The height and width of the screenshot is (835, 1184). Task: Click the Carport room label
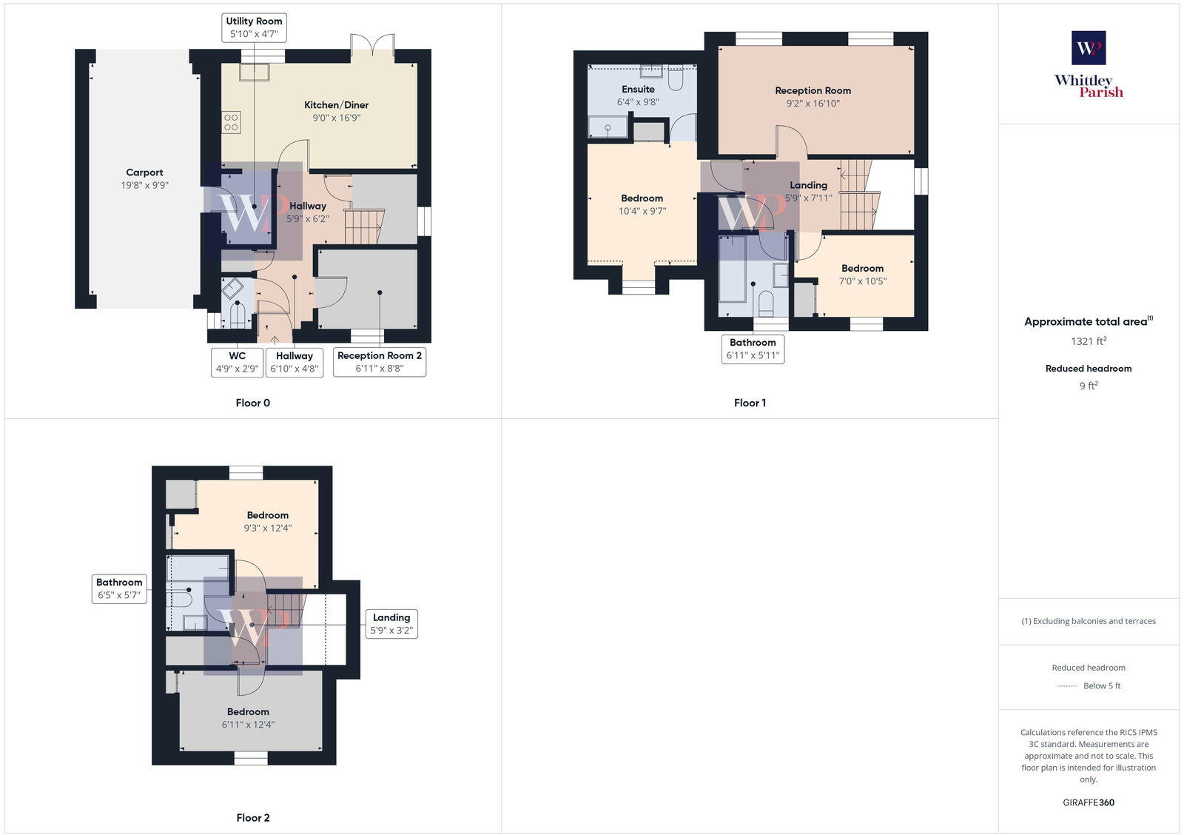[144, 172]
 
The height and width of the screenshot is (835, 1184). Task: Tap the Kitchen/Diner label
[336, 105]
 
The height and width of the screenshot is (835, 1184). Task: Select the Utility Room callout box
[254, 27]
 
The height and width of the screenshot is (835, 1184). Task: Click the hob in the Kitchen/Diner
[231, 122]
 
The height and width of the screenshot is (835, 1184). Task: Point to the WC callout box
[237, 362]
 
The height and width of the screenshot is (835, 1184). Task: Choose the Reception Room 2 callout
[380, 362]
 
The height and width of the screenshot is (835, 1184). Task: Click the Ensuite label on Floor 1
[638, 90]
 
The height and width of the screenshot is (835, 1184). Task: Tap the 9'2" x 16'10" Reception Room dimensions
[813, 104]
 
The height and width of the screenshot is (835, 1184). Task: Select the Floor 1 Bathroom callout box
[753, 349]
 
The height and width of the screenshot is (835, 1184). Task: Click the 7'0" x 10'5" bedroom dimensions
[862, 281]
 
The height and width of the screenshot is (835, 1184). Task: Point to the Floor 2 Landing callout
[391, 624]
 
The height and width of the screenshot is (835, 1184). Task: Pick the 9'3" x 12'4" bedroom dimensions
[268, 529]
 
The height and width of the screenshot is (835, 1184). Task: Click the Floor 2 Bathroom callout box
[119, 588]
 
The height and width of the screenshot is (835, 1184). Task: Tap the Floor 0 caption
[253, 403]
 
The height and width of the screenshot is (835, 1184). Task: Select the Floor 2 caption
[253, 818]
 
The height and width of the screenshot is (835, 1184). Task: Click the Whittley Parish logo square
[1089, 48]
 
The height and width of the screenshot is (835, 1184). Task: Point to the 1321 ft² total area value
[1089, 341]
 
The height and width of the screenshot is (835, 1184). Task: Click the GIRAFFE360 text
[1089, 802]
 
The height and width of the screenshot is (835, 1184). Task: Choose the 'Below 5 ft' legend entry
[1101, 686]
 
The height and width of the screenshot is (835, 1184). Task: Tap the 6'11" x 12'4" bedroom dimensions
[248, 725]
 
